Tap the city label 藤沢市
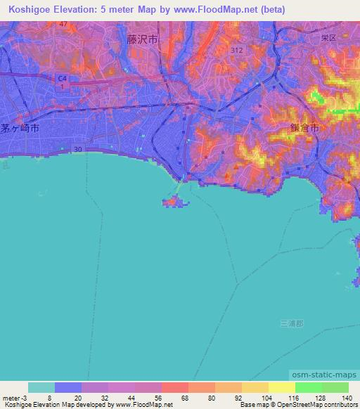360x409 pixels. click(143, 41)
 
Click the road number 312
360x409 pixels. click(238, 51)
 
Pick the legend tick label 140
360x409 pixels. click(347, 398)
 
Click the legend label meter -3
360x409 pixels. click(15, 398)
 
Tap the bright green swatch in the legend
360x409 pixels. click(309, 387)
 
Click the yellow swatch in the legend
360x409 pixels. click(256, 387)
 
